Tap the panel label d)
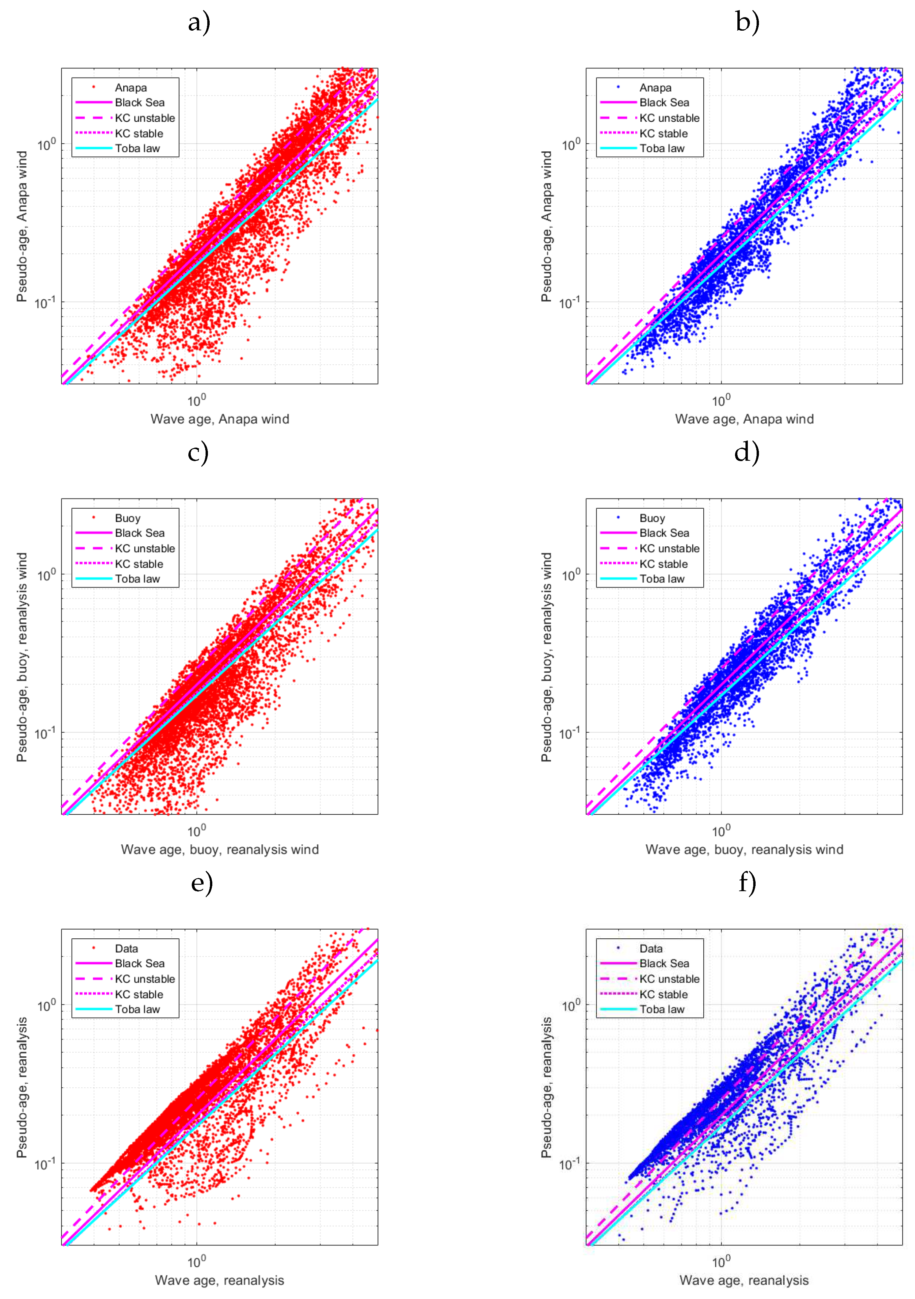pos(746,453)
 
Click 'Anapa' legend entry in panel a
pos(131,88)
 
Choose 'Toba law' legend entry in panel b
pos(662,149)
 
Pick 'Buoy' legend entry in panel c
pos(127,518)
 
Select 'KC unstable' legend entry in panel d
pos(669,549)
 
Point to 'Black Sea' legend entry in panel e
pos(139,964)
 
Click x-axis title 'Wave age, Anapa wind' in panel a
pos(219,419)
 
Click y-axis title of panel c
pos(22,657)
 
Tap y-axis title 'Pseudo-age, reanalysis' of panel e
pos(22,1087)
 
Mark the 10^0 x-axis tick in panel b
pos(721,400)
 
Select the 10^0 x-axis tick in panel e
pos(196,1262)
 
